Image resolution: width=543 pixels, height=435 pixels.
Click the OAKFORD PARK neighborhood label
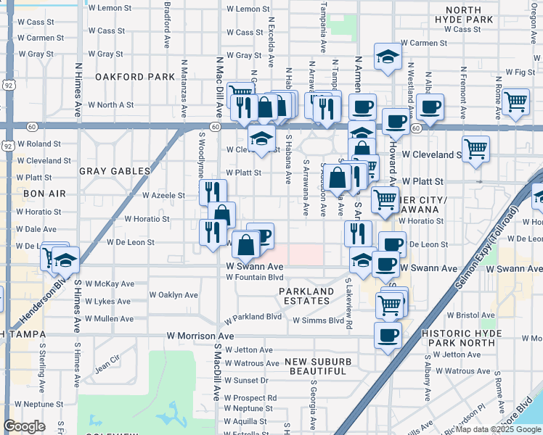[x=136, y=76]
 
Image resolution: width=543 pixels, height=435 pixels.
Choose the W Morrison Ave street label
[x=200, y=336]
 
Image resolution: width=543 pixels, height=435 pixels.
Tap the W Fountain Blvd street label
[x=254, y=277]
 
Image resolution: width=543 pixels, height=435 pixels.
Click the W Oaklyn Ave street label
[x=173, y=295]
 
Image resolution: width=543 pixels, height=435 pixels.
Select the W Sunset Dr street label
[x=246, y=380]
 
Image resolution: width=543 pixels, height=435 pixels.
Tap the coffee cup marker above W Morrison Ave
[x=388, y=335]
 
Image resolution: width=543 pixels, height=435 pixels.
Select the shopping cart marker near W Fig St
[x=515, y=102]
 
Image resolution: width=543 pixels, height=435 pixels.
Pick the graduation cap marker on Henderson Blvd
[x=65, y=260]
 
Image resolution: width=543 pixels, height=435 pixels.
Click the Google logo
[x=24, y=426]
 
